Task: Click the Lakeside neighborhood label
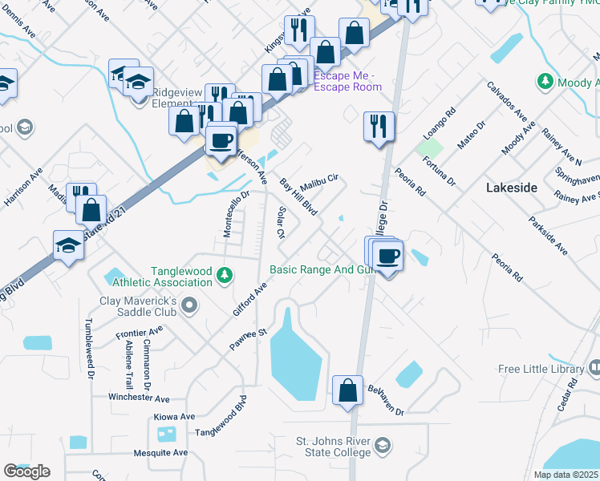coord(511,187)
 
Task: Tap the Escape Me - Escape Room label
coord(347,81)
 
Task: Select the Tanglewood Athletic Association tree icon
coord(225,276)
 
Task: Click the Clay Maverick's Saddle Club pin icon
coord(189,305)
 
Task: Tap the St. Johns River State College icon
coord(383,446)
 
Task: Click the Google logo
coord(26,471)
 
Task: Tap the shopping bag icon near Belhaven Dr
coord(348,392)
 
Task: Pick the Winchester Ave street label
coord(140,398)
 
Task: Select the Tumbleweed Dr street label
coord(88,352)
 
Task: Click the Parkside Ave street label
coord(548,236)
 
